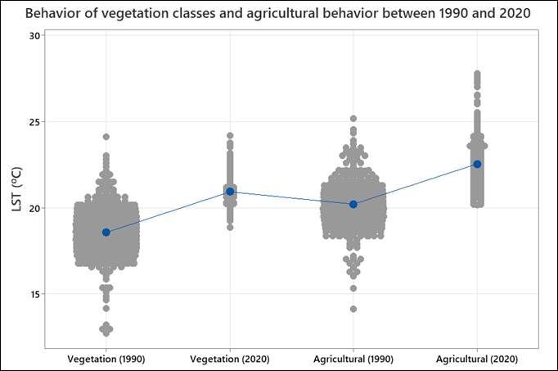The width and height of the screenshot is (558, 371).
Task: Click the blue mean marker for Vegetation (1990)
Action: click(106, 232)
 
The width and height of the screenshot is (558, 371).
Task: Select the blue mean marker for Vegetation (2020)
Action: click(230, 192)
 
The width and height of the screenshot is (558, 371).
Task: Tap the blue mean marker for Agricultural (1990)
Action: click(353, 204)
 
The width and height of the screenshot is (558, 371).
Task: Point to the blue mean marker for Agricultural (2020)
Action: click(478, 164)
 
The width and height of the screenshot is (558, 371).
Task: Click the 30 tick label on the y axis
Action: click(34, 36)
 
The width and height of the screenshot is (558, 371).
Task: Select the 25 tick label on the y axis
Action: click(34, 122)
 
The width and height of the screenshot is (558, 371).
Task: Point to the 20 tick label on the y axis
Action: click(34, 208)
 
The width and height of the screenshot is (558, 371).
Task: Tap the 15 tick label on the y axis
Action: click(34, 294)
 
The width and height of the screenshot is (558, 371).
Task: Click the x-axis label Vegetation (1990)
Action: click(106, 359)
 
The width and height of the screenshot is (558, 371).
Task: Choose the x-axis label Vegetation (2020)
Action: click(230, 359)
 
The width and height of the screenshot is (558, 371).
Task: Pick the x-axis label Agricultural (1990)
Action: click(353, 359)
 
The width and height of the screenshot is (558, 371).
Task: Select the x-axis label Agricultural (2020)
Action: click(478, 359)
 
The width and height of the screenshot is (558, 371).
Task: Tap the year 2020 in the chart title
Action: click(515, 13)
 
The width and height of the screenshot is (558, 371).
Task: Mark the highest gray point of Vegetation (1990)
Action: click(106, 137)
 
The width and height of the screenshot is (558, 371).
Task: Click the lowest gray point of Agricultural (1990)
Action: click(353, 309)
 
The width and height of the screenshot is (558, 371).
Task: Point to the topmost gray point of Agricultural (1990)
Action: click(353, 119)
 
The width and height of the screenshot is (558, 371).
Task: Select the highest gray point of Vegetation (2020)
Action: click(230, 135)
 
